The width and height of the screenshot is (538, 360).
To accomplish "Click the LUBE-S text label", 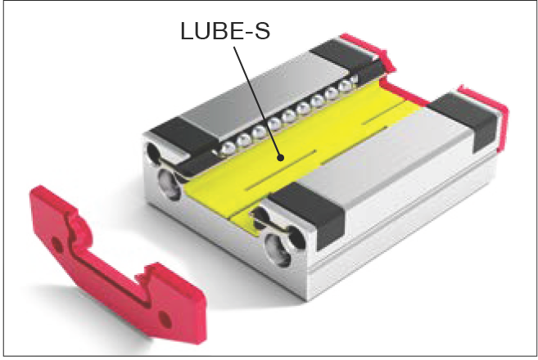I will [x=226, y=33].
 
